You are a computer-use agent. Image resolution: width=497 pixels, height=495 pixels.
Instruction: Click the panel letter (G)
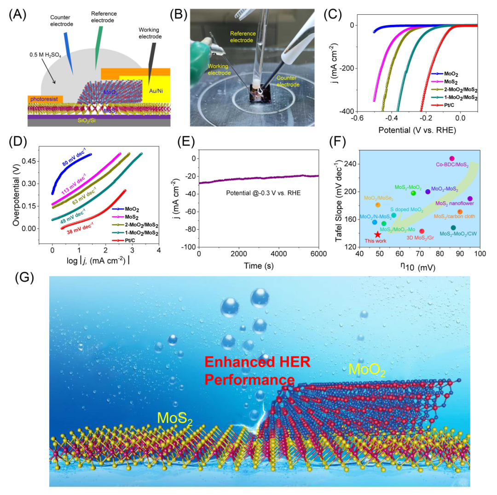(x=25, y=278)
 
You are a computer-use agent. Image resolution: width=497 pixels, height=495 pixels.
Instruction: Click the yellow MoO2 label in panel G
(x=367, y=369)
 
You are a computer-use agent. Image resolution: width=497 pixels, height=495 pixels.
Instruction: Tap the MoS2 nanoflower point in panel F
(x=470, y=199)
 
